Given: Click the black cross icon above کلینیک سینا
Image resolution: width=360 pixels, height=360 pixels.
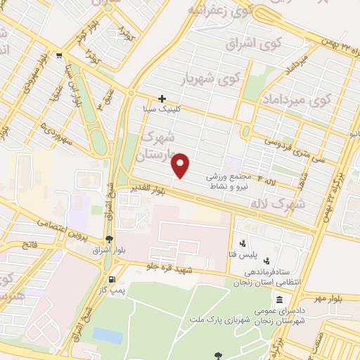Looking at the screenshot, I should pos(162,98).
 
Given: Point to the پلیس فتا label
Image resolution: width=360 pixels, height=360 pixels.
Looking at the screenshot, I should pos(250,252).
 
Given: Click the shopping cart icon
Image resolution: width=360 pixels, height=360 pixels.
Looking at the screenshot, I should pos(60,56).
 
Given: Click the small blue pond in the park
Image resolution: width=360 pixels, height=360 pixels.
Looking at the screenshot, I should pos(108,335).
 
